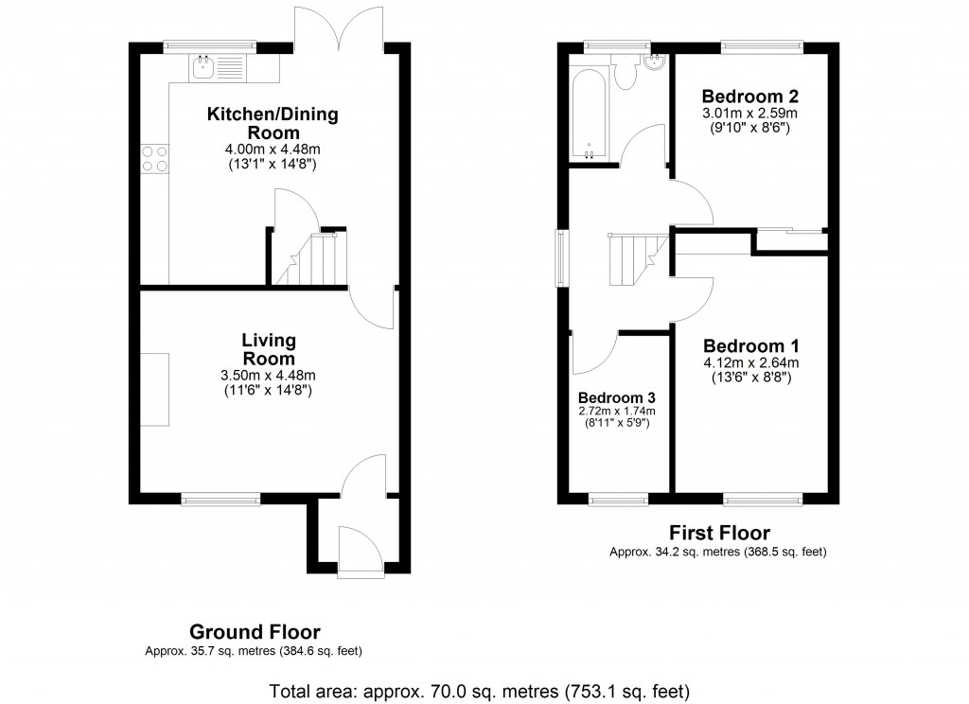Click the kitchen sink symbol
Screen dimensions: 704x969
tap(216, 65)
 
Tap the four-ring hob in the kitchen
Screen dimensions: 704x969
tap(154, 158)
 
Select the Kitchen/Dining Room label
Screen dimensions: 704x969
tap(273, 123)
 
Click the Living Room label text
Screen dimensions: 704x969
tap(269, 349)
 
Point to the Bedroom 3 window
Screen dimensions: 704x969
tap(616, 498)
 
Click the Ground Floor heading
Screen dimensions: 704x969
tap(255, 632)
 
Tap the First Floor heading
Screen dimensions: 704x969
tap(719, 534)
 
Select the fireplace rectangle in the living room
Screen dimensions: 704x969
tap(155, 389)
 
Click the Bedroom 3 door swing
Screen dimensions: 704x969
tap(591, 355)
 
